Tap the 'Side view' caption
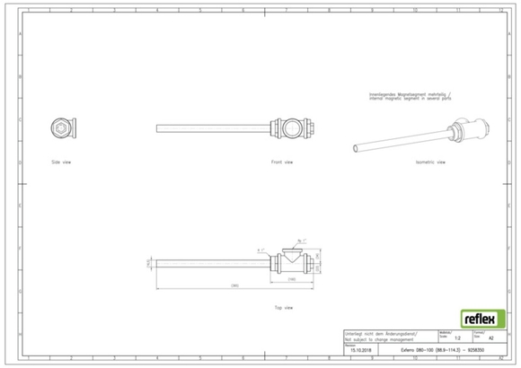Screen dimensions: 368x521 tap(61, 162)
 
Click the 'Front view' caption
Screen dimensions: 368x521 tap(282, 162)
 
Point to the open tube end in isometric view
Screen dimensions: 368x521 tap(356, 146)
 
